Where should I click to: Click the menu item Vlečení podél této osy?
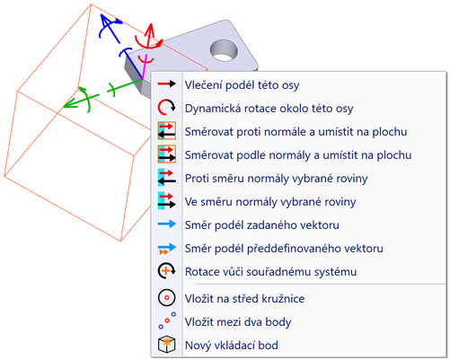242,85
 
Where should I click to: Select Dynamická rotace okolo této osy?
269,109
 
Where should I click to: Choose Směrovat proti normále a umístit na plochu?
296,132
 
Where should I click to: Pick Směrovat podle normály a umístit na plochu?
298,155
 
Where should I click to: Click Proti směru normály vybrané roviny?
276,179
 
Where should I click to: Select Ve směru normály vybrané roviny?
270,202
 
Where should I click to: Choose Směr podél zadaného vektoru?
261,225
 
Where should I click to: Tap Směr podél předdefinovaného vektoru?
284,249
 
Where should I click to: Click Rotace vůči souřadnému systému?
270,272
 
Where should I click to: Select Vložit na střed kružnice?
244,299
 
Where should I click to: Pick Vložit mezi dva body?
238,322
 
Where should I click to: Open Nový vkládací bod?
232,346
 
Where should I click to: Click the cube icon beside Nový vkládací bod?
166,345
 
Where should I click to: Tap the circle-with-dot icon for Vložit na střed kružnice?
166,298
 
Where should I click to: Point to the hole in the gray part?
224,51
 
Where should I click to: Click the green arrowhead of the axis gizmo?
68,104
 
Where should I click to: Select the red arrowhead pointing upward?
150,30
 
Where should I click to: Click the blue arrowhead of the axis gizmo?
105,21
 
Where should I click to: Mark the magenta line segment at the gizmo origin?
145,66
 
